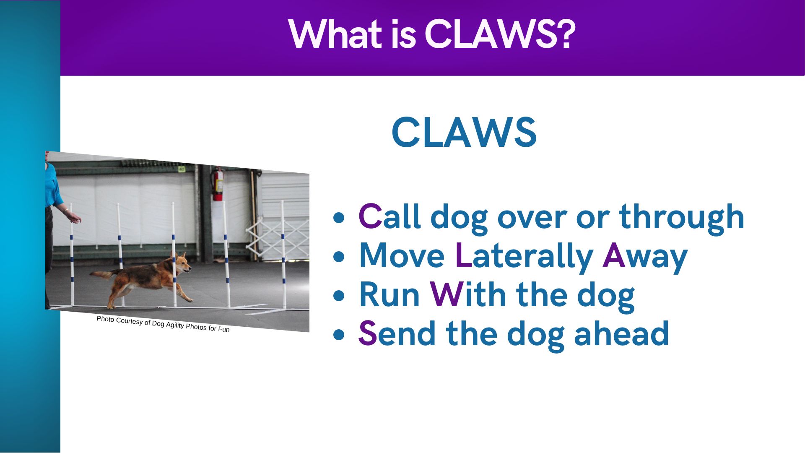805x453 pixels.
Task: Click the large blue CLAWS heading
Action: tap(464, 133)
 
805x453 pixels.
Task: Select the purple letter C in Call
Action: tap(370, 217)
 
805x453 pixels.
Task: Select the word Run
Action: tap(390, 295)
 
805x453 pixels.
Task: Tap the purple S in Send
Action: tap(368, 334)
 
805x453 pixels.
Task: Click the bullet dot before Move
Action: tap(339, 257)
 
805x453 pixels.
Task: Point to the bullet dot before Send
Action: tap(339, 335)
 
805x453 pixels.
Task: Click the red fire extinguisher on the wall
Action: tap(218, 185)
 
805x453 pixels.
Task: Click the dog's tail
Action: tap(101, 275)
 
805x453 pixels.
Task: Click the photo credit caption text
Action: tap(163, 324)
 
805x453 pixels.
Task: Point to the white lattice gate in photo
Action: tap(278, 239)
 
